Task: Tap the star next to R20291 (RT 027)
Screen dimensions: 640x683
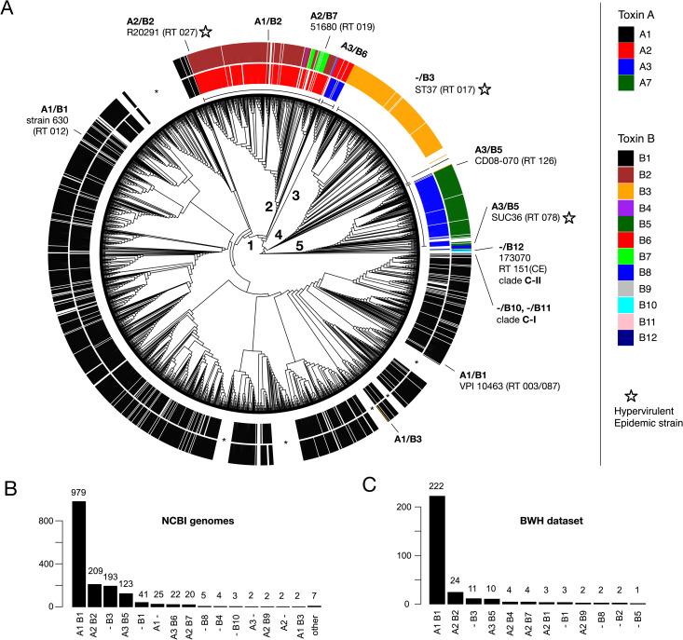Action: tap(205, 32)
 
